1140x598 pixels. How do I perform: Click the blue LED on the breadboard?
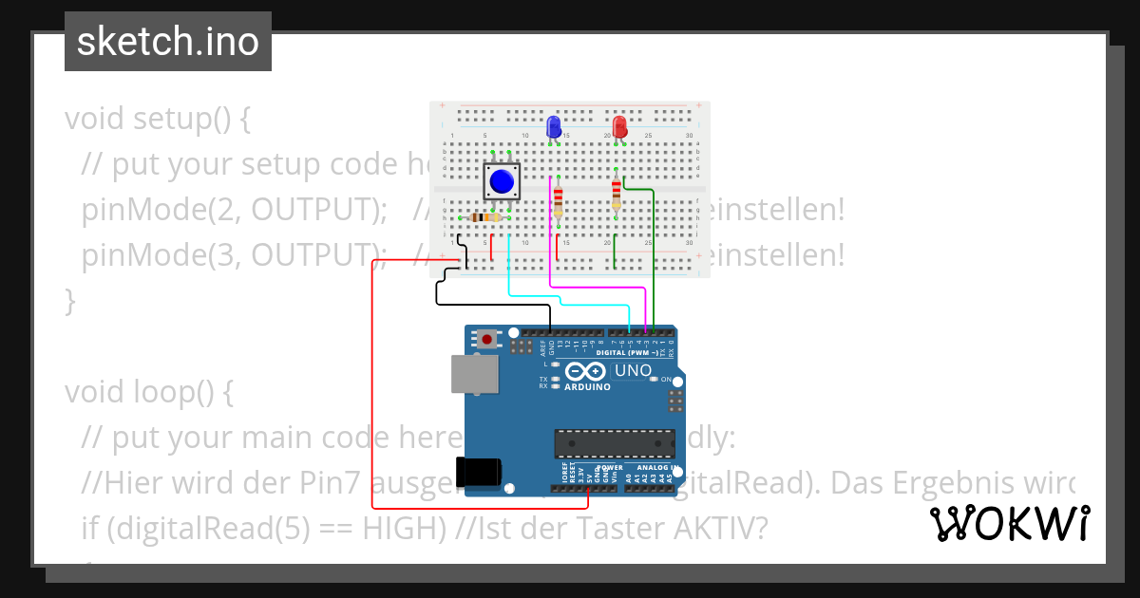coord(554,126)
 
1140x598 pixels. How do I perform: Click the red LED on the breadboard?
coord(619,126)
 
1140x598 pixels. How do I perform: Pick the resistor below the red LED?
coord(617,194)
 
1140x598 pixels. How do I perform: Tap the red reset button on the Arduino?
coord(487,339)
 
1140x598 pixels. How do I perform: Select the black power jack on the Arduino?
coord(479,472)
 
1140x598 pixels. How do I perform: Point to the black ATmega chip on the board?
coord(614,442)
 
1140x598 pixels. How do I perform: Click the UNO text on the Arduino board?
coord(634,370)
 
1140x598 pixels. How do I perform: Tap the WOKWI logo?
coord(1009,523)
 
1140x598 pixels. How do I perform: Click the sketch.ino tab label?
coord(168,42)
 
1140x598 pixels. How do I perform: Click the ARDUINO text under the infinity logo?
coord(588,387)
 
